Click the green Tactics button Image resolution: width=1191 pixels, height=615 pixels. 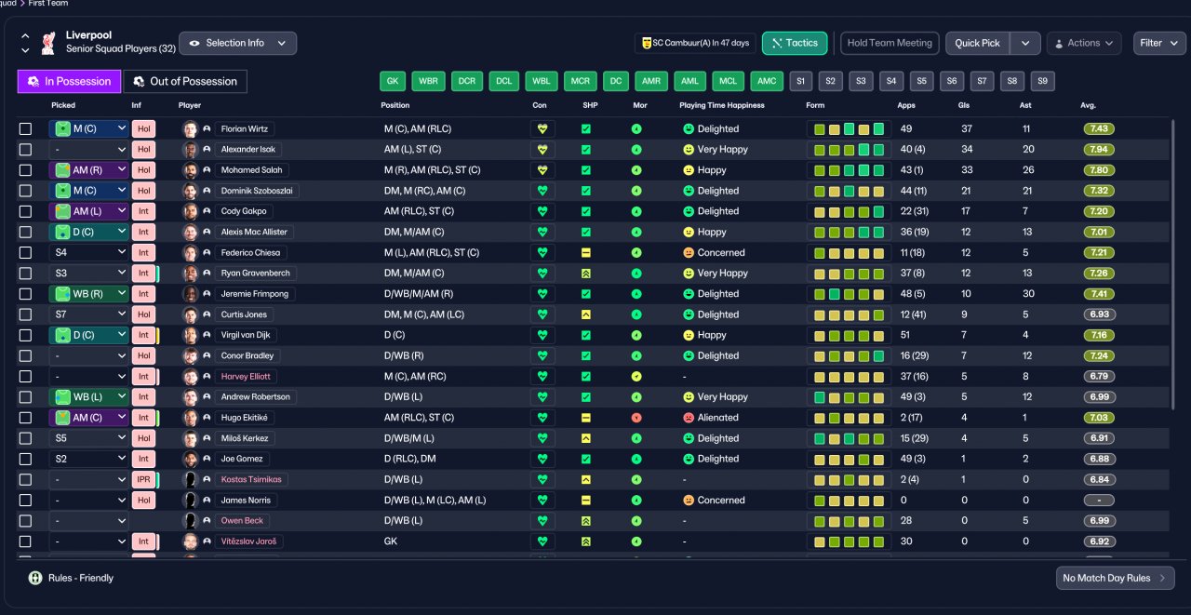pos(795,43)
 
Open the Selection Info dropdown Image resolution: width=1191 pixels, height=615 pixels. pos(237,43)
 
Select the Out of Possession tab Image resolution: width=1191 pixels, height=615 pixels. pos(185,81)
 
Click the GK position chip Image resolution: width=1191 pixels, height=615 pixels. pos(393,81)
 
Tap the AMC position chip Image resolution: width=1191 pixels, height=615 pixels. pos(766,81)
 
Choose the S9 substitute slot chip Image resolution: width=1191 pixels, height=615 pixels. pos(1042,81)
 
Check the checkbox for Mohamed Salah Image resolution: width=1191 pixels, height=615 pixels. pos(25,170)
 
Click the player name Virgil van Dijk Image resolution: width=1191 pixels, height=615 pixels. pos(245,335)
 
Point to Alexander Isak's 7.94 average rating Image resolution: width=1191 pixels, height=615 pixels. pos(1099,150)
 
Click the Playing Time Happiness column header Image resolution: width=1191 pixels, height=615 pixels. pos(721,105)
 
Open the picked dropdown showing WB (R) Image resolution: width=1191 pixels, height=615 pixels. pos(88,294)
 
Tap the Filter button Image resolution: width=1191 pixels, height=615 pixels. pos(1159,43)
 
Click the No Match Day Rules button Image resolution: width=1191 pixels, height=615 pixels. pos(1115,578)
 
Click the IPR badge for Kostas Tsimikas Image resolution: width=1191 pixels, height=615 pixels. pos(143,479)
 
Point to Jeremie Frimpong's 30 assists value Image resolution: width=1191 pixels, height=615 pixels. pos(1028,294)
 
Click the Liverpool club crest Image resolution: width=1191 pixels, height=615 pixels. pos(48,43)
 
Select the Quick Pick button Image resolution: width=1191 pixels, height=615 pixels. pos(977,43)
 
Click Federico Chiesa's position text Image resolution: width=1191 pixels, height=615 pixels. pos(431,252)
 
